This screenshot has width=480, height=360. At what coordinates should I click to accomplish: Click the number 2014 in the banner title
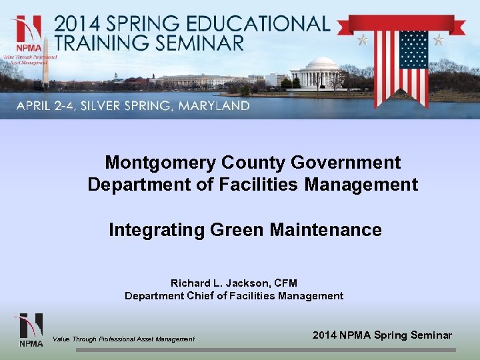[x=76, y=24]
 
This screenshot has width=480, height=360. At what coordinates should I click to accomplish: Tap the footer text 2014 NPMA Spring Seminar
[x=382, y=335]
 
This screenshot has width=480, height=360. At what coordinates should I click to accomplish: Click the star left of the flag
[x=363, y=40]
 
